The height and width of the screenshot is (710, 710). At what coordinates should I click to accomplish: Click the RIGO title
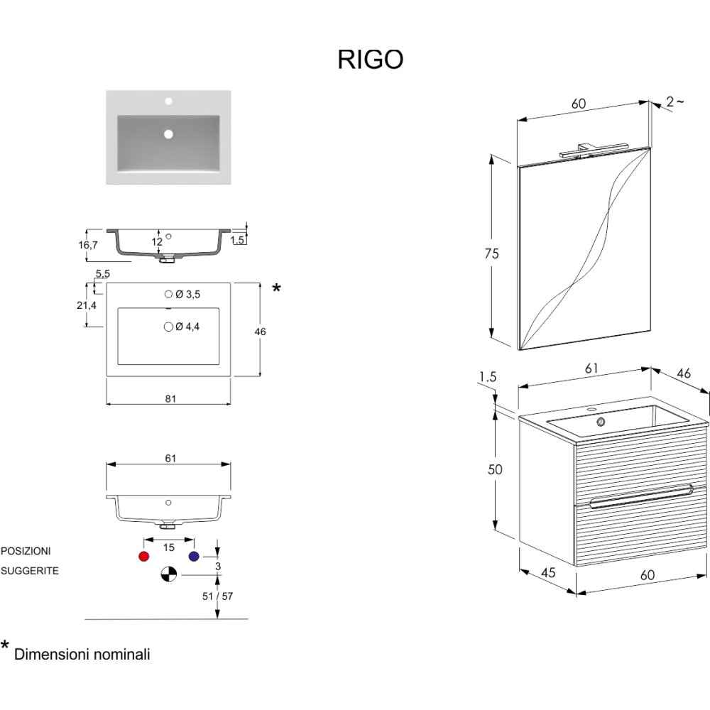coord(370,60)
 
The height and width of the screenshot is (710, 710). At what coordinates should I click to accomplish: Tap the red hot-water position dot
coord(145,556)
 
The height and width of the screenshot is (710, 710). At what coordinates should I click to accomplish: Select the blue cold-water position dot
coord(193,556)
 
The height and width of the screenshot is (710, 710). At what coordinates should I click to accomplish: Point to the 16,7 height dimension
coord(89,245)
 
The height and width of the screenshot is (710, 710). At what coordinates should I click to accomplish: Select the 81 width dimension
coord(170,399)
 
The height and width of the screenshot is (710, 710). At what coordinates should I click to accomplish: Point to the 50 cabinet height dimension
coord(495,469)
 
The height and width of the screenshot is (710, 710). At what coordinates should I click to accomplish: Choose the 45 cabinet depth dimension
coord(547,573)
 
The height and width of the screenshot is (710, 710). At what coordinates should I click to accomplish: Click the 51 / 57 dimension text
coord(217,596)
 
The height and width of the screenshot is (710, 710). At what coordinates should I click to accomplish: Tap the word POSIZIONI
coord(26,550)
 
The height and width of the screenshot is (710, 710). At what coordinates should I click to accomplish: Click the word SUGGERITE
coord(29,570)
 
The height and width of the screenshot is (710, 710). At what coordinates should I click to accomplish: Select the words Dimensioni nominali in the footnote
coord(82,655)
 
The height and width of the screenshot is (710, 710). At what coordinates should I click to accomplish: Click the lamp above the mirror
coord(591,149)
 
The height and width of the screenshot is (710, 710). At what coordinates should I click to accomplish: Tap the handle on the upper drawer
coord(639,494)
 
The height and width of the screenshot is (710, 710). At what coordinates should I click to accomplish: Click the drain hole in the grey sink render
coord(169,133)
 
